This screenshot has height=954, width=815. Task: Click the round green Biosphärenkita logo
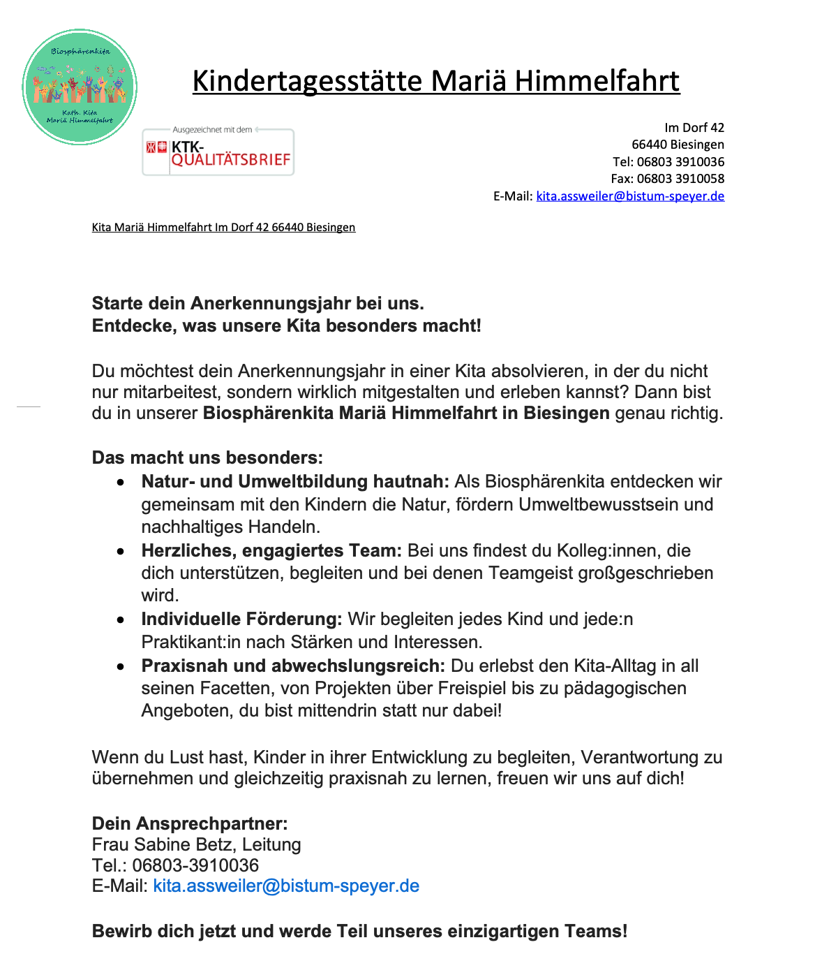(x=80, y=87)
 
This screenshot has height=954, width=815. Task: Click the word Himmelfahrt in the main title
(x=597, y=81)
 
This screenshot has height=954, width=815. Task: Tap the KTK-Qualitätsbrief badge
(x=218, y=152)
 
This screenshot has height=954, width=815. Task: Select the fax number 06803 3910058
(x=680, y=179)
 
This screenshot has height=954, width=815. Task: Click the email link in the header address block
(x=630, y=196)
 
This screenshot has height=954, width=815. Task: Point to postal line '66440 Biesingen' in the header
(x=678, y=145)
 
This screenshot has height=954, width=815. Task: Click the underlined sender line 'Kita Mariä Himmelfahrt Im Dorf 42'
(x=223, y=228)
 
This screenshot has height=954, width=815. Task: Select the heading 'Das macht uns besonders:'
(x=207, y=458)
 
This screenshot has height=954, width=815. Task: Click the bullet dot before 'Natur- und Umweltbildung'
(x=121, y=483)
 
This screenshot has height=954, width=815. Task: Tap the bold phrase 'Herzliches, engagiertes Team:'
(x=271, y=551)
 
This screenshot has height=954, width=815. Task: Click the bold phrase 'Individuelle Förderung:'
(x=241, y=619)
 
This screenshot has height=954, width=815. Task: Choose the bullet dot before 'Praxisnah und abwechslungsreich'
(x=121, y=667)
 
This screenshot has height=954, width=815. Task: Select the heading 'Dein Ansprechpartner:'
(x=190, y=824)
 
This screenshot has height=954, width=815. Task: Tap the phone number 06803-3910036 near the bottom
(x=195, y=866)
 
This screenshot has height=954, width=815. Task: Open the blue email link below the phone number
(x=286, y=886)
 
